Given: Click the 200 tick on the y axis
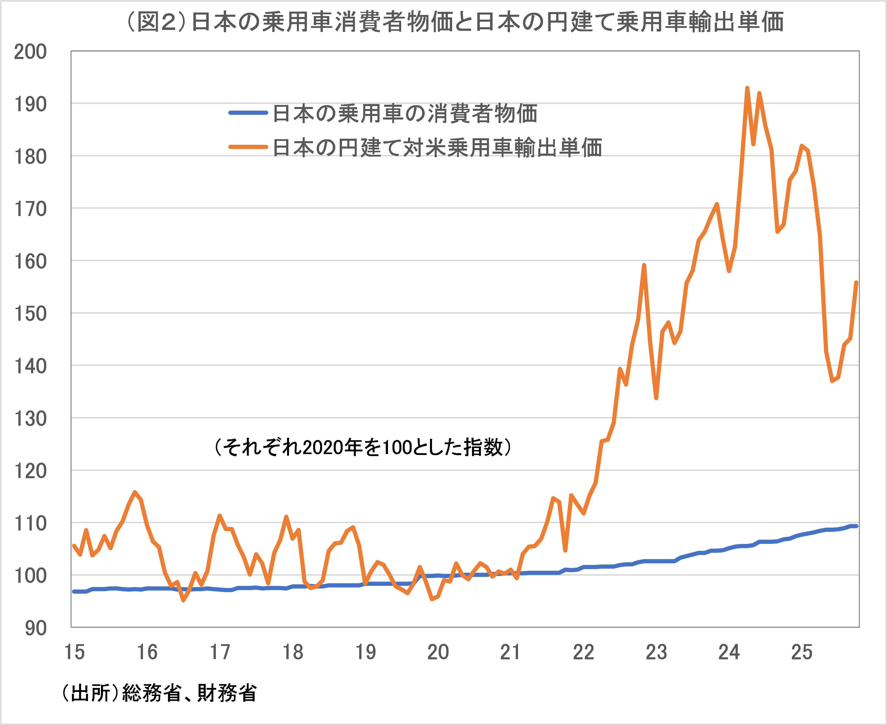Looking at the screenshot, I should pyautogui.click(x=30, y=52).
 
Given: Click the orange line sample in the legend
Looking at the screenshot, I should pyautogui.click(x=248, y=147).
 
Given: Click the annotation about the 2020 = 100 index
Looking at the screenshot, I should pyautogui.click(x=363, y=447).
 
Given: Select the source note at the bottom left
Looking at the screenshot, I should pyautogui.click(x=159, y=693).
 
